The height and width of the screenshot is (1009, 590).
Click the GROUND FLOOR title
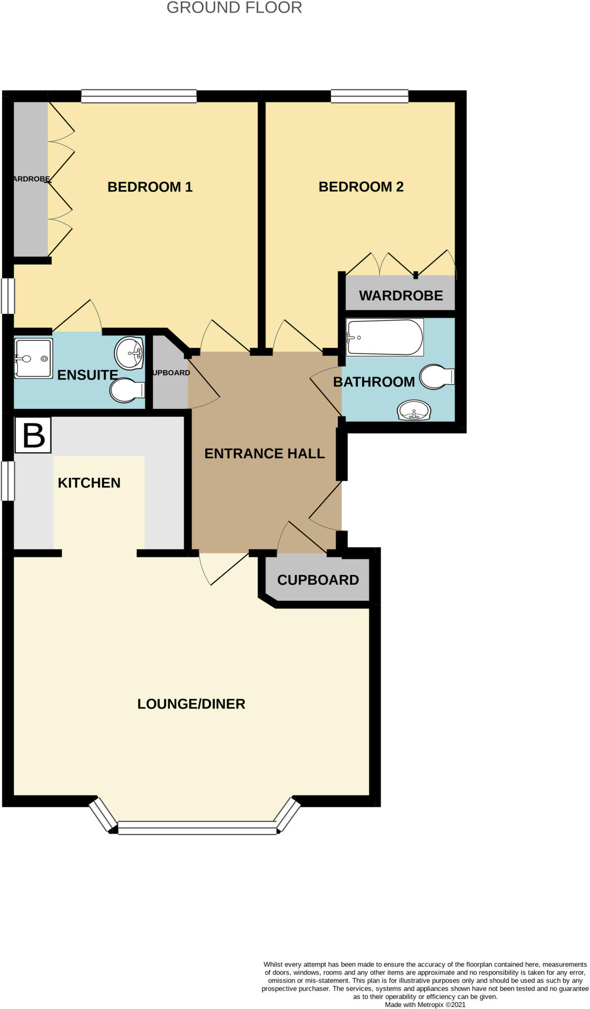point(234,7)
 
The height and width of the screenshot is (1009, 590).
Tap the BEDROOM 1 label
point(150,187)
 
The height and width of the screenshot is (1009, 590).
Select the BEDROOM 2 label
point(361,187)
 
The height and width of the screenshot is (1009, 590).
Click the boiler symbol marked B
point(33,435)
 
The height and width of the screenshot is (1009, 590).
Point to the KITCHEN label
point(89,483)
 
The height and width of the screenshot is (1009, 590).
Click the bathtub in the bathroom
point(385,337)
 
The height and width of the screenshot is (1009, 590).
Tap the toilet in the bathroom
point(437,377)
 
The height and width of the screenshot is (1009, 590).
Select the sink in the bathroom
point(414,410)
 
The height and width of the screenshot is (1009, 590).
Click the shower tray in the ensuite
point(33,358)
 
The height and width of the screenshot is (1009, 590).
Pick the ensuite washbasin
point(129,353)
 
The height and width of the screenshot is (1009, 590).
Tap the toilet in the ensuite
point(127,390)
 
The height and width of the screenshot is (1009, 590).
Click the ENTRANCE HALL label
point(264,454)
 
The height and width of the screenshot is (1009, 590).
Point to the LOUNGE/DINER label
point(191,704)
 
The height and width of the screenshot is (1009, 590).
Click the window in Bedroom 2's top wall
point(369,96)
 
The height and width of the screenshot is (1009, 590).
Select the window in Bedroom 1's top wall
point(139,96)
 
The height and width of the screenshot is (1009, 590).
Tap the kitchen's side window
point(8,481)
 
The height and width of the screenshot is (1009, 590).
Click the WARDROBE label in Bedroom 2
point(401,296)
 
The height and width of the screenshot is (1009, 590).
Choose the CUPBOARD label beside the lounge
point(318,580)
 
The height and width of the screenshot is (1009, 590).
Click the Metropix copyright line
point(425,1005)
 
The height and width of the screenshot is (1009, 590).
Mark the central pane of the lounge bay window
point(197,828)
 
